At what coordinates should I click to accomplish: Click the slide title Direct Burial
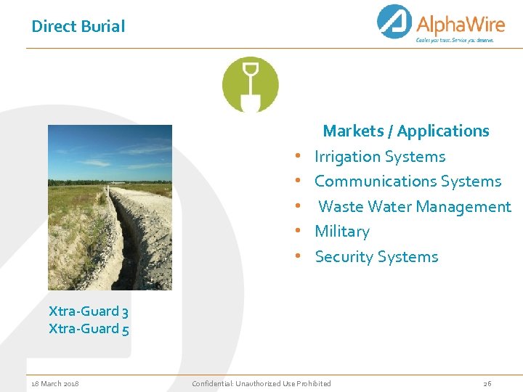78,27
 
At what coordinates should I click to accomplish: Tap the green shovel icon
250,84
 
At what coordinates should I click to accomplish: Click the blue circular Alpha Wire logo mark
394,22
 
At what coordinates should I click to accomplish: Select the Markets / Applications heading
405,131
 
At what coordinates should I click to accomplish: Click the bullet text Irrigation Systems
380,157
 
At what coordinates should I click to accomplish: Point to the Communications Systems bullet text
408,181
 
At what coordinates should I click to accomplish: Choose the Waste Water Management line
414,207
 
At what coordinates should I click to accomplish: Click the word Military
341,232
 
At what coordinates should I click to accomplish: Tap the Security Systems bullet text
376,257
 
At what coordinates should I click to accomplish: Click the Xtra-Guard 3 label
89,311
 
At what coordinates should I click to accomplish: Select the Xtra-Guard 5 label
89,329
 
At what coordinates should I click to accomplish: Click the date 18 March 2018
55,383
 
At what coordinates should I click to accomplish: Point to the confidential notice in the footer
261,383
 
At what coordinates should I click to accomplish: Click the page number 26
487,383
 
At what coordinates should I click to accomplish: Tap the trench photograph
110,208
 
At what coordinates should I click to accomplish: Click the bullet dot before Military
299,232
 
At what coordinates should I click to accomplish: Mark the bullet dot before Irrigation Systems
299,157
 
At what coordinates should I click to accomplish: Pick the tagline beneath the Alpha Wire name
454,41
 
